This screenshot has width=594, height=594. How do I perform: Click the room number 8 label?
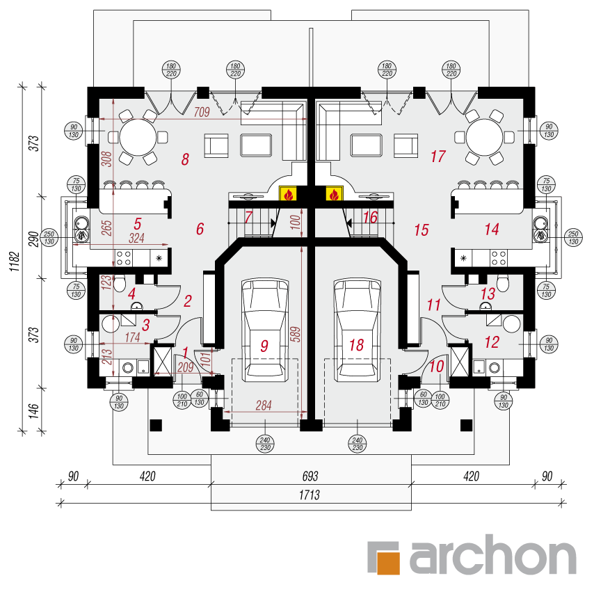[185, 159]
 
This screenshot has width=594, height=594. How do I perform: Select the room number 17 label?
[438, 156]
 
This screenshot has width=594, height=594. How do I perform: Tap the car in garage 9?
[265, 330]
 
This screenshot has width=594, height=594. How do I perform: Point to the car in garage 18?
[357, 330]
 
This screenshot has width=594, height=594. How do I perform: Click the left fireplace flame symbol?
[288, 193]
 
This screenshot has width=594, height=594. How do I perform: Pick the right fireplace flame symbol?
[334, 193]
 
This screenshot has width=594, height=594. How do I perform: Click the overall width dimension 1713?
[309, 495]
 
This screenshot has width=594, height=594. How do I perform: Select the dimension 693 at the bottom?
[310, 476]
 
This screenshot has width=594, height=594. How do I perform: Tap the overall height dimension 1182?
[14, 261]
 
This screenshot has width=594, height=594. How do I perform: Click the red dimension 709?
[202, 112]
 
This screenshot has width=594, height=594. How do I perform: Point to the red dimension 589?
[296, 334]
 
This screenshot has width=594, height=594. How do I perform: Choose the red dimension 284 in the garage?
[264, 406]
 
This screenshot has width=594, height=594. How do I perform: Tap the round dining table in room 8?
[138, 137]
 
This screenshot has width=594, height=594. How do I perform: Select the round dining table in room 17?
[485, 137]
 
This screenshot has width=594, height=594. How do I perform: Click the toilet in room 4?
[120, 284]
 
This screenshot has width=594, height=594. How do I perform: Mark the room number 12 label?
[492, 342]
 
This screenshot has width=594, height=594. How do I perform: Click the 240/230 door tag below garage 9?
[265, 444]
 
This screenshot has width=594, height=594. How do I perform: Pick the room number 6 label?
[200, 229]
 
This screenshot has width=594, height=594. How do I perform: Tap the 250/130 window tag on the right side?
[574, 238]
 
